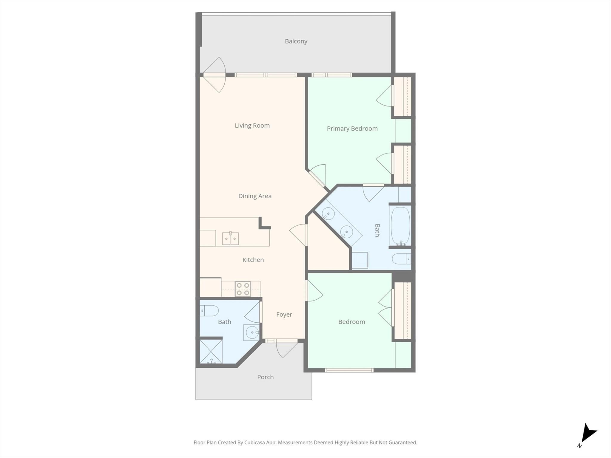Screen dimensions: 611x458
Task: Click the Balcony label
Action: pos(296,41)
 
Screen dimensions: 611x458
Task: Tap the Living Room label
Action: pos(252,126)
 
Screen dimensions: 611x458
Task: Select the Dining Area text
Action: pos(255,196)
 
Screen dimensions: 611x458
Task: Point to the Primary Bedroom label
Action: pos(352,129)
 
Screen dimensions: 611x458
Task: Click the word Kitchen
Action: pos(253,260)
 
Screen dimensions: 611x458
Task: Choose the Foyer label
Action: pos(284,315)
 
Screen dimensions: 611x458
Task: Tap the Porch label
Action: pos(265,377)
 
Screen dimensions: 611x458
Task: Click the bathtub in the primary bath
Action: pos(400,226)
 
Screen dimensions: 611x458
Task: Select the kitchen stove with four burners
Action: pos(243,289)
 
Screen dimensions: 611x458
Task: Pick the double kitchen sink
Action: pos(230,238)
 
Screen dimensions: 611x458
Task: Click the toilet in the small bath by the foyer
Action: pos(209,311)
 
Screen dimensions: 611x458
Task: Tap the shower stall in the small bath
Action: pos(211,352)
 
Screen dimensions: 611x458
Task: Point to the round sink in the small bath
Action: pos(252,332)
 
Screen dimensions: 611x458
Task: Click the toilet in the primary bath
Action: pos(401,259)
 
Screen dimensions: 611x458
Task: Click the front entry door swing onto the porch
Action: pos(286,349)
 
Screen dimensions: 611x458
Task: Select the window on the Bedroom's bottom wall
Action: pos(349,370)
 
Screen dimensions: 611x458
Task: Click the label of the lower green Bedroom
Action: pos(351,322)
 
